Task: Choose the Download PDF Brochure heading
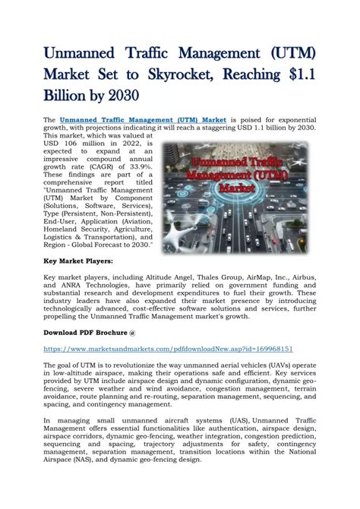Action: click(x=90, y=333)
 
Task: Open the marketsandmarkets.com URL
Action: click(x=168, y=349)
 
